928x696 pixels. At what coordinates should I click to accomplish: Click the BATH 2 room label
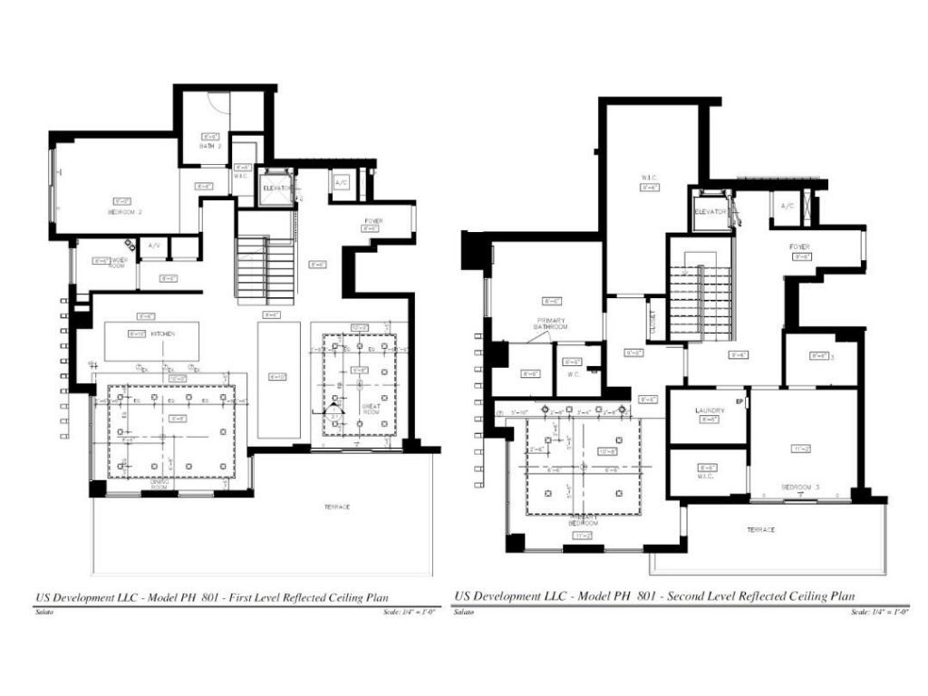210,145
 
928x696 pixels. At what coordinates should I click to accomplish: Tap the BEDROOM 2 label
122,211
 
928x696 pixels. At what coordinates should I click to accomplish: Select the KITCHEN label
162,334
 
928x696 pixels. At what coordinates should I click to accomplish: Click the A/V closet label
154,245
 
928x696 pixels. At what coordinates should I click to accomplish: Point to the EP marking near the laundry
739,401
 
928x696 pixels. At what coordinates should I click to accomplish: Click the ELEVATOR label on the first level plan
275,188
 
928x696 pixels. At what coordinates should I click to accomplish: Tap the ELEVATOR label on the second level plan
711,211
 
